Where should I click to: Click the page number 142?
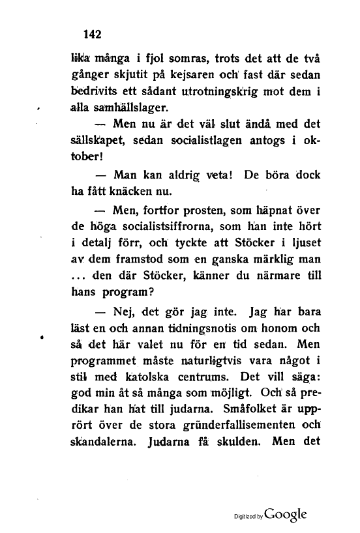[x=85, y=31]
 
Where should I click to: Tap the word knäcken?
[x=138, y=190]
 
